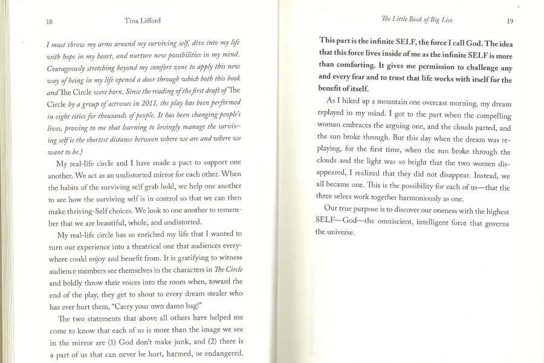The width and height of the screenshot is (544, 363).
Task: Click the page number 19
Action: [510, 21]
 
